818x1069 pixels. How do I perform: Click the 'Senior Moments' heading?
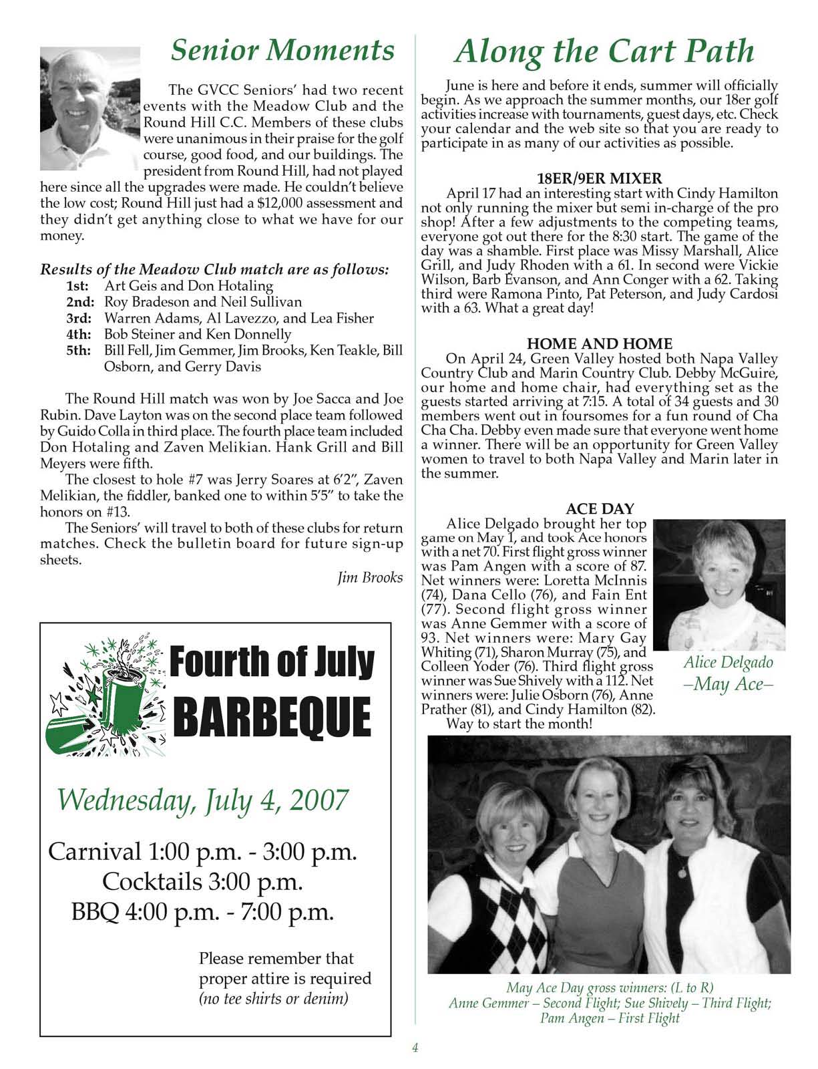tap(282, 51)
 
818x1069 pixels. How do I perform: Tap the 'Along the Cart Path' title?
tap(604, 51)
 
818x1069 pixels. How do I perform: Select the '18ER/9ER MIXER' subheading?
tap(599, 178)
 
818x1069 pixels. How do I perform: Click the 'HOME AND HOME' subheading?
tap(599, 344)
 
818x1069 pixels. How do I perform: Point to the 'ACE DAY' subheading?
tap(600, 509)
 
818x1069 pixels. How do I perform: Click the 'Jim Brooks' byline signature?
tap(370, 577)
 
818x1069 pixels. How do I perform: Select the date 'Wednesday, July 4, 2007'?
tap(202, 798)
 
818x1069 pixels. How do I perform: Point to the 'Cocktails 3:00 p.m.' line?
tap(202, 882)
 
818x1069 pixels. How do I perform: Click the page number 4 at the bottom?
tap(415, 1048)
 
